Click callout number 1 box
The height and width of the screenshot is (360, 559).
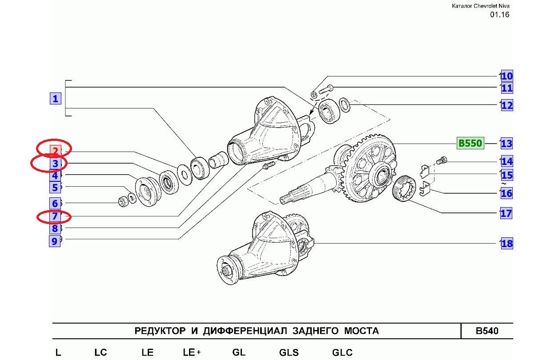pyautogui.click(x=55, y=99)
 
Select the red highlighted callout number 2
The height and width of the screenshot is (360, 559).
pyautogui.click(x=55, y=151)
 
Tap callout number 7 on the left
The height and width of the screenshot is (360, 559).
pyautogui.click(x=55, y=217)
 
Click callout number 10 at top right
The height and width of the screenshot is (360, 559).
pyautogui.click(x=507, y=76)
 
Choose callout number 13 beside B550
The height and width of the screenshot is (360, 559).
pyautogui.click(x=506, y=144)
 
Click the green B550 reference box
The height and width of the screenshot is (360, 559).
pyautogui.click(x=470, y=144)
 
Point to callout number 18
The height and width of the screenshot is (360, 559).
pyautogui.click(x=507, y=244)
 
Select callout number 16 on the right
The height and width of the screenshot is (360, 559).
pyautogui.click(x=507, y=193)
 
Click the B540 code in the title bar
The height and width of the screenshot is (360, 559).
pyautogui.click(x=487, y=331)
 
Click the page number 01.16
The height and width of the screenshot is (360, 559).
pyautogui.click(x=499, y=15)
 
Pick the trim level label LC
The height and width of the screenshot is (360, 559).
pyautogui.click(x=101, y=353)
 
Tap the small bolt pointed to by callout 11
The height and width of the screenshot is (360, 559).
pyautogui.click(x=325, y=90)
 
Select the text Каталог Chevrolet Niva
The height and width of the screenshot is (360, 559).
pyautogui.click(x=481, y=6)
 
